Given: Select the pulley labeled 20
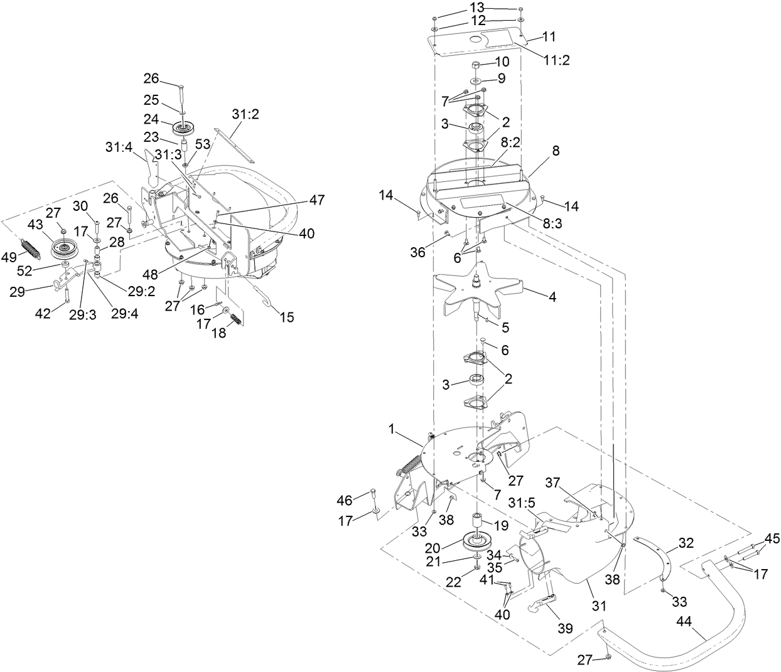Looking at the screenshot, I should click(x=477, y=541).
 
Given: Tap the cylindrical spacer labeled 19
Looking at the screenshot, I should click(x=478, y=520).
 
